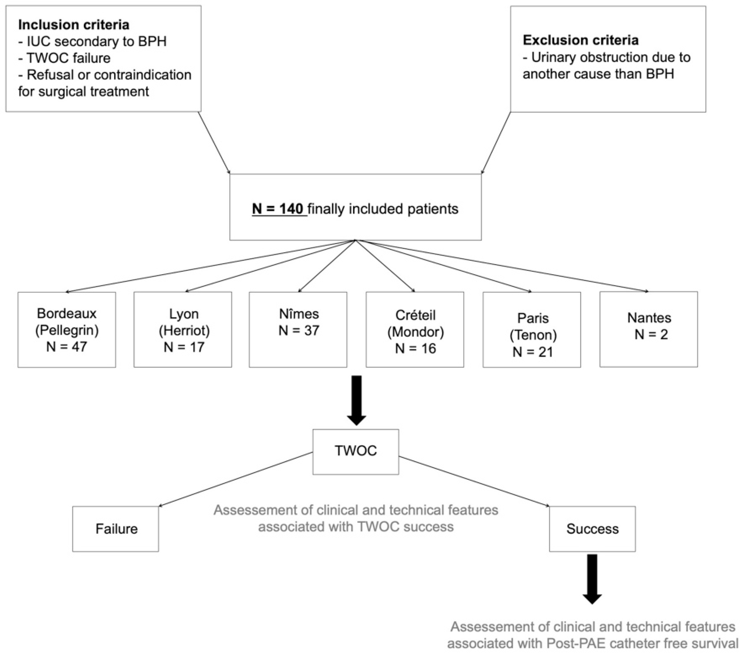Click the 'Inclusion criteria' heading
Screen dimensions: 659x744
tap(73, 25)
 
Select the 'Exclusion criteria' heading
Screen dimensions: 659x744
tap(580, 40)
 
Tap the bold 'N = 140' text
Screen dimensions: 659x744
tap(278, 209)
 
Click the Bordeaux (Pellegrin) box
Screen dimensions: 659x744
tap(67, 330)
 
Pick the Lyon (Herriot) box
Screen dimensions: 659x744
tap(183, 330)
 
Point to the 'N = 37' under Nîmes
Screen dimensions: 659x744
tap(299, 330)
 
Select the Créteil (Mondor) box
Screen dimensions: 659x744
tap(415, 330)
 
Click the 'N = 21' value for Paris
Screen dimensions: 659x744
tap(533, 352)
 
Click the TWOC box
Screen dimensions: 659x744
tap(355, 452)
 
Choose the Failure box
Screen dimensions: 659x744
tap(116, 529)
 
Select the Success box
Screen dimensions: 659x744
tap(592, 529)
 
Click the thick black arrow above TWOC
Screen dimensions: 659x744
tap(356, 400)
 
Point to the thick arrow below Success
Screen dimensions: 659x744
tap(592, 578)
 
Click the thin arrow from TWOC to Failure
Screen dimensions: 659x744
tap(236, 479)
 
